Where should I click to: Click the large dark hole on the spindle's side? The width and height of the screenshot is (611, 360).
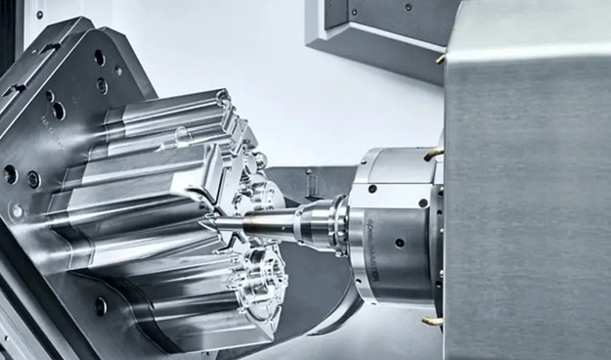(x=399, y=243)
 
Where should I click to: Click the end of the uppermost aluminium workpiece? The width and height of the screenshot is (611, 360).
(x=223, y=98)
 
